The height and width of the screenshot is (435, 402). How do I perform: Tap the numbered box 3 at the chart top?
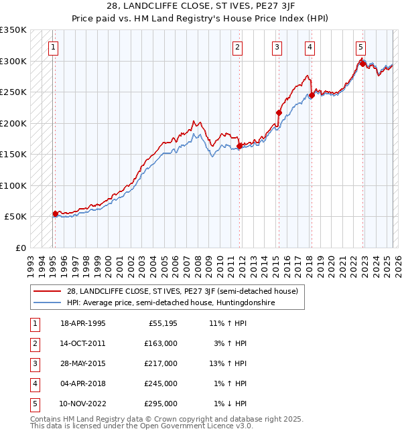[277, 47]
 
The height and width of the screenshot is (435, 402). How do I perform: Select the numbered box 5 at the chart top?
[360, 47]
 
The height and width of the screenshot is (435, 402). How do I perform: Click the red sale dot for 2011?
[239, 146]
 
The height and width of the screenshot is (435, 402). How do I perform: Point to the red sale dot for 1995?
[56, 213]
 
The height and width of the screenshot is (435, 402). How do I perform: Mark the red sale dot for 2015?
[279, 112]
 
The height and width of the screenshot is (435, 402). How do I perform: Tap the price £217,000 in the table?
[161, 363]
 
